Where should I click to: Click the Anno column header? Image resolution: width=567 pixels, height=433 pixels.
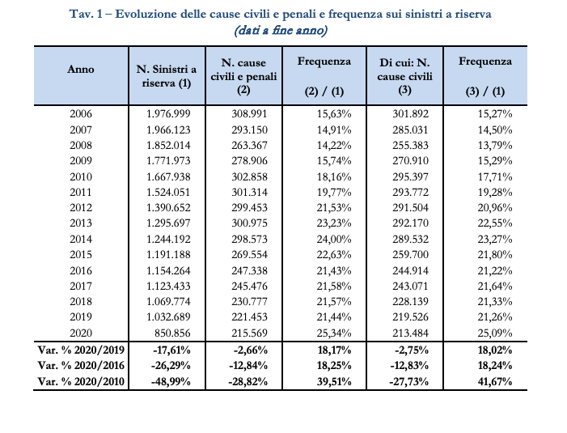click(81, 69)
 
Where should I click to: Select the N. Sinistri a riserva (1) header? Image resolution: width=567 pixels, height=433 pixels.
click(167, 76)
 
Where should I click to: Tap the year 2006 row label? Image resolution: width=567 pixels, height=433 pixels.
click(81, 114)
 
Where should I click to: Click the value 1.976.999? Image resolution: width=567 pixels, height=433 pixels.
click(168, 114)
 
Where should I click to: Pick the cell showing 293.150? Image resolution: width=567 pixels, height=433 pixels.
click(249, 129)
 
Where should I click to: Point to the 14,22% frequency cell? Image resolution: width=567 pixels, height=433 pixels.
click(334, 146)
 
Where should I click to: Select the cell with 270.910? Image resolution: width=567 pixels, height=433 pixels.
click(410, 160)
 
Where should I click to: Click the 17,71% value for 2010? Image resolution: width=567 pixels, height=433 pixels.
click(495, 177)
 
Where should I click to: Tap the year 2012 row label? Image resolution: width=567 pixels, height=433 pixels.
click(81, 208)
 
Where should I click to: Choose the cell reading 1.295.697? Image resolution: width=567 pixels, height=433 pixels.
click(168, 223)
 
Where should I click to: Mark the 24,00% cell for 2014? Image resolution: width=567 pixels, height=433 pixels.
click(334, 239)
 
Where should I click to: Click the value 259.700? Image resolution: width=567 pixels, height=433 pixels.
click(410, 255)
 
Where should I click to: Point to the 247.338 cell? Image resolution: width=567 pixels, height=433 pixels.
click(249, 270)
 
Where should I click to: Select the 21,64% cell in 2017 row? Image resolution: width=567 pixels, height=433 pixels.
click(495, 287)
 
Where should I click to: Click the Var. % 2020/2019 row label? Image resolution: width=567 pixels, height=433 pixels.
click(81, 350)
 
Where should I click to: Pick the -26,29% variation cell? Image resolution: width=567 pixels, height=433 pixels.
click(171, 365)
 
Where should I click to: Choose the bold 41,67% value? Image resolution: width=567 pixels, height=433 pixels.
click(495, 382)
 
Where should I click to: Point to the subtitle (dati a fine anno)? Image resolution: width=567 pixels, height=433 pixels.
click(281, 30)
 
